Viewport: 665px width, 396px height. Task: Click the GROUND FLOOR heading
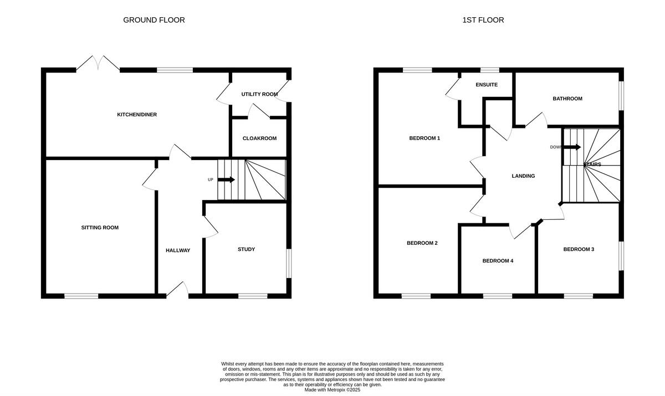(x=154, y=20)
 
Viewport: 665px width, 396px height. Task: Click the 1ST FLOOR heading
(x=483, y=20)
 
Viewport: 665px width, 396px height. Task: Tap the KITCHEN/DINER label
(x=137, y=115)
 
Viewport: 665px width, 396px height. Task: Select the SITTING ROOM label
(x=100, y=228)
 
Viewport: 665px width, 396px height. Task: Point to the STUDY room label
(x=246, y=249)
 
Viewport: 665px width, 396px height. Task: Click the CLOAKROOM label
(x=259, y=138)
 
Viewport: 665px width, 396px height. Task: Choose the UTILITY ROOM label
(x=259, y=94)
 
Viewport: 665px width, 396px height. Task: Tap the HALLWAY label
(x=178, y=250)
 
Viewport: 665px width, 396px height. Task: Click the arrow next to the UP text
(x=226, y=179)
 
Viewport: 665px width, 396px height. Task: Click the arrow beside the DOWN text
(x=573, y=147)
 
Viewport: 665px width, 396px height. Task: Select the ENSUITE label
(x=487, y=85)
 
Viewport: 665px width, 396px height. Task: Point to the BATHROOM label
(x=567, y=99)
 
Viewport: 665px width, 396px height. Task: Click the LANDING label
(x=523, y=176)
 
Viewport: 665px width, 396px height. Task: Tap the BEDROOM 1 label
(x=424, y=138)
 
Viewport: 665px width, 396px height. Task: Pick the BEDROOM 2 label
(x=422, y=243)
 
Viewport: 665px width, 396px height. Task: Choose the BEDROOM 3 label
(x=579, y=249)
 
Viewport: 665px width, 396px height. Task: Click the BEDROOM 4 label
(x=498, y=261)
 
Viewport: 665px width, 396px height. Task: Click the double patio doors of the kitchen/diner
(x=98, y=63)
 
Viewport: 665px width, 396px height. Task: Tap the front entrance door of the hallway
(x=178, y=289)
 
